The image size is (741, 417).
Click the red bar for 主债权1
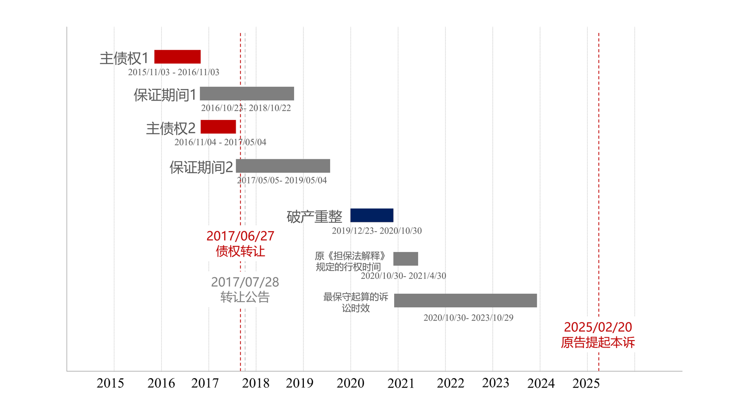[x=177, y=57]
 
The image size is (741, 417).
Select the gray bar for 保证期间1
[x=247, y=93]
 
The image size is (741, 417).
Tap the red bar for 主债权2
[x=218, y=127]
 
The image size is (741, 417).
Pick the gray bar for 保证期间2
[x=283, y=166]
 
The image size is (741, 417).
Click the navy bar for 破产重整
[x=372, y=215]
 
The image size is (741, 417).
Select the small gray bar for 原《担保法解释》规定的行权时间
[x=406, y=259]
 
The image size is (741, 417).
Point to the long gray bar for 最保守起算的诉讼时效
[x=465, y=301]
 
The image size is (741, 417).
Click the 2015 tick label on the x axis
[x=110, y=383]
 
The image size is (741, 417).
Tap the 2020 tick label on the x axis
[x=350, y=383]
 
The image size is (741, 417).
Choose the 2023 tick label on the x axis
[x=496, y=383]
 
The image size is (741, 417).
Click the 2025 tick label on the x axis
[x=586, y=383]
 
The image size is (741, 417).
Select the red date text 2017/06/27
[x=240, y=236]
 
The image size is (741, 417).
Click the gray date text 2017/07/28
[x=245, y=282]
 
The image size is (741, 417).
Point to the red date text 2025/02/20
[x=598, y=327]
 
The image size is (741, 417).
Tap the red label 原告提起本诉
[x=598, y=342]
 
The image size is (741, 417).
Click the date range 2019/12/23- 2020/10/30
[x=377, y=231]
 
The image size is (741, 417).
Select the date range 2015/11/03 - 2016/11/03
[x=174, y=72]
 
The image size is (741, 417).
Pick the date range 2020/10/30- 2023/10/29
[x=468, y=318]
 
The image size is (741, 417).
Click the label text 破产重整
[x=314, y=217]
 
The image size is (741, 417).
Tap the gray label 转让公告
[x=245, y=297]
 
